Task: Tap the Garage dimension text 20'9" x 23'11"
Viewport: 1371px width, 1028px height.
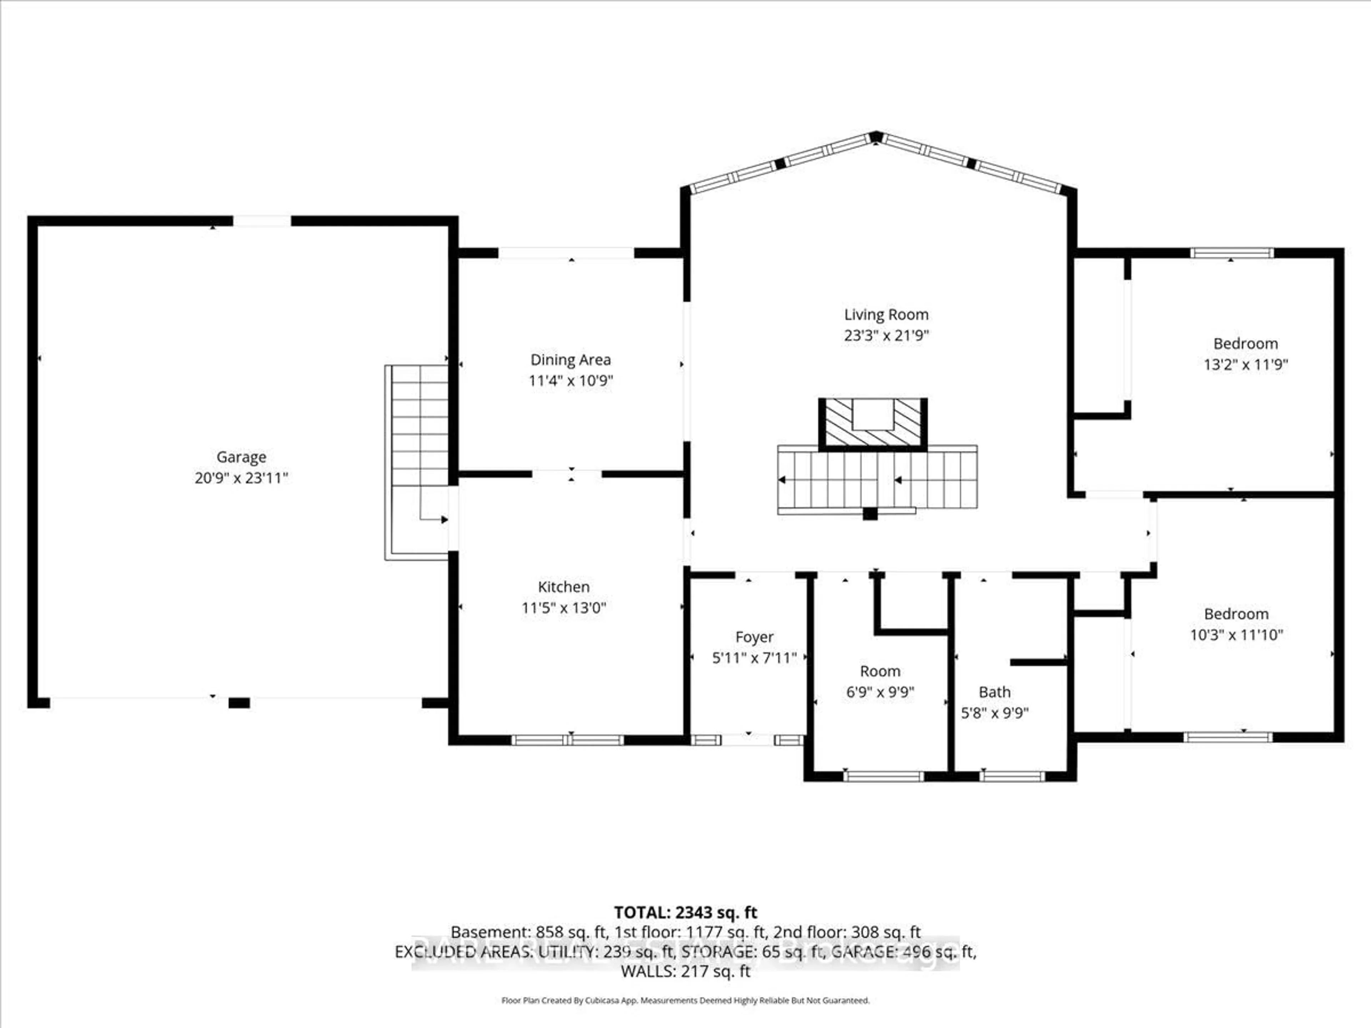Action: click(x=241, y=478)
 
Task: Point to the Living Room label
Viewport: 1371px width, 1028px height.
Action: click(x=886, y=315)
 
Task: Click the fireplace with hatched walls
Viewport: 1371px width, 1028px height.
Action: click(x=873, y=423)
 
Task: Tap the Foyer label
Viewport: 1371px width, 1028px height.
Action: click(x=754, y=637)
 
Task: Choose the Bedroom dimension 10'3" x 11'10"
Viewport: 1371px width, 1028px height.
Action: click(x=1236, y=635)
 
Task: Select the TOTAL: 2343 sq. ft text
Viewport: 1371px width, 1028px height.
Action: click(x=685, y=912)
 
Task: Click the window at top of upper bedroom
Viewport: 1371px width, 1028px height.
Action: click(x=1231, y=253)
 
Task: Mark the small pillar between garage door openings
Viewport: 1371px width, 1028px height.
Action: click(x=239, y=703)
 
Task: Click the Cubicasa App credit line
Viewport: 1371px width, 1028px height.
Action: click(x=685, y=1000)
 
